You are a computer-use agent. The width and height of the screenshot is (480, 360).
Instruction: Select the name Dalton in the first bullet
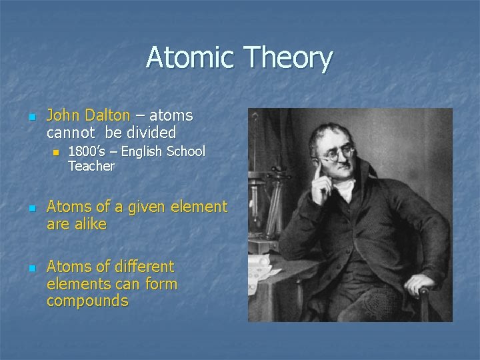106,115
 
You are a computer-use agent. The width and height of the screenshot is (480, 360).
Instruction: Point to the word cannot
70,132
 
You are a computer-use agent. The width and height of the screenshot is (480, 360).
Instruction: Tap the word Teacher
91,166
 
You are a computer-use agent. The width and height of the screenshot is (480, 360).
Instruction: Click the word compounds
87,301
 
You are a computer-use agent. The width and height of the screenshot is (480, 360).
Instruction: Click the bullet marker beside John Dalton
31,117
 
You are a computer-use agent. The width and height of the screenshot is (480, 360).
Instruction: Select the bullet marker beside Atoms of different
31,268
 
